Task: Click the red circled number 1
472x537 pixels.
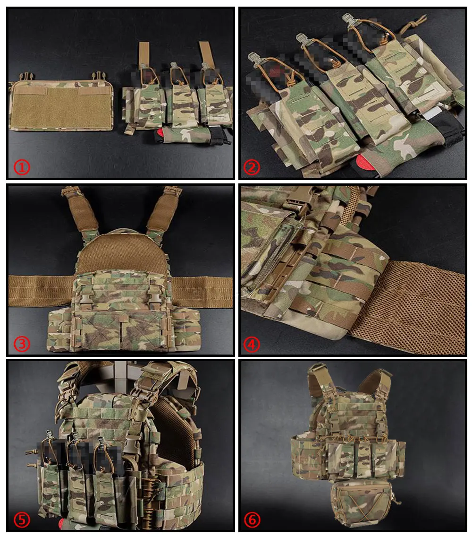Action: (22, 167)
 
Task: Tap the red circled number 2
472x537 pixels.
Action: (252, 167)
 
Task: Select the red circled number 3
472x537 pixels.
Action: (22, 344)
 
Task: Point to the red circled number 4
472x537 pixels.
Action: (252, 344)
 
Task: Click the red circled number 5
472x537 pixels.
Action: (22, 520)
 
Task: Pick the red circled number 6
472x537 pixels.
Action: (252, 520)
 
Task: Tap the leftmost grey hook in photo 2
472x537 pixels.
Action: (254, 61)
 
